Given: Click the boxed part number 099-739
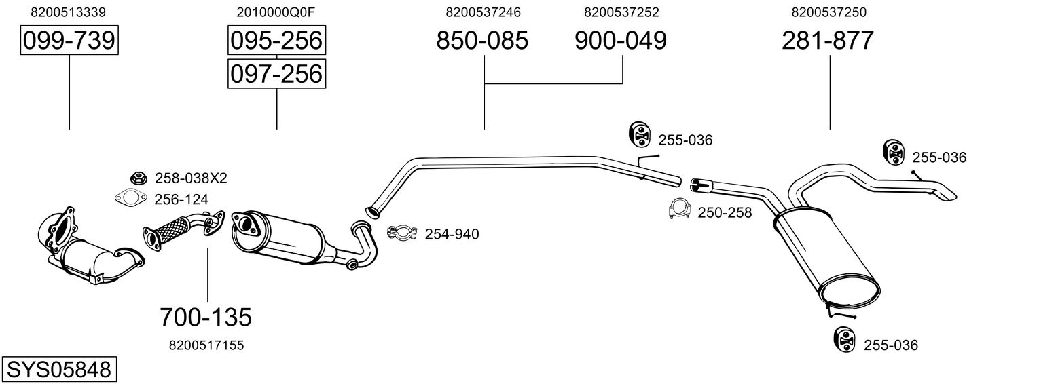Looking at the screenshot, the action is [x=69, y=40].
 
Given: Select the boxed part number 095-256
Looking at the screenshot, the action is [x=276, y=40].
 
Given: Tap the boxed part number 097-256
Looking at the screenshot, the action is [x=276, y=74].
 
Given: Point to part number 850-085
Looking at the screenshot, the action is [x=482, y=40].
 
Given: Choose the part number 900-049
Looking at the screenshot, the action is [x=621, y=40].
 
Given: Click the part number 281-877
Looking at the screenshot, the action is [x=828, y=40].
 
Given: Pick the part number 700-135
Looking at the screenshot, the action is [x=206, y=318].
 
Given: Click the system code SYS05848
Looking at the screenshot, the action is [x=59, y=370].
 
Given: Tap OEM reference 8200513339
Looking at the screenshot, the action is [x=68, y=12].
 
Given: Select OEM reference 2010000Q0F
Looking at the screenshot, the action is [x=276, y=12].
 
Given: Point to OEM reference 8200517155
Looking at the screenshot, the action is [x=206, y=345].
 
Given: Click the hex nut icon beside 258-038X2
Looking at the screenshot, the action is [x=138, y=177].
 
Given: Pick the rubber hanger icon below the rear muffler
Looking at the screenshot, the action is [x=844, y=339].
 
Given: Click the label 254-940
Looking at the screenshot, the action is [x=452, y=234].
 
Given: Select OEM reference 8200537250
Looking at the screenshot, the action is [x=828, y=12].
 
